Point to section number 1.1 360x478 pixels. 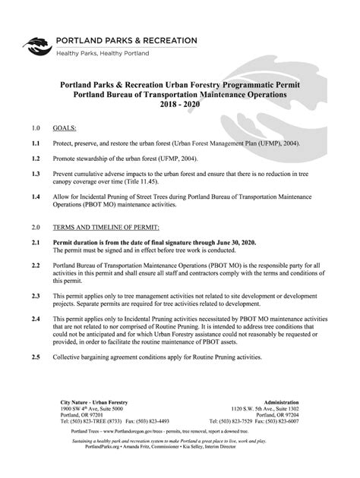[x=35, y=143]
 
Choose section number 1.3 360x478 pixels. [x=35, y=174]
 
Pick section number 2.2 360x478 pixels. [x=35, y=267]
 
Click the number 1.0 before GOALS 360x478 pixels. [x=35, y=130]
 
